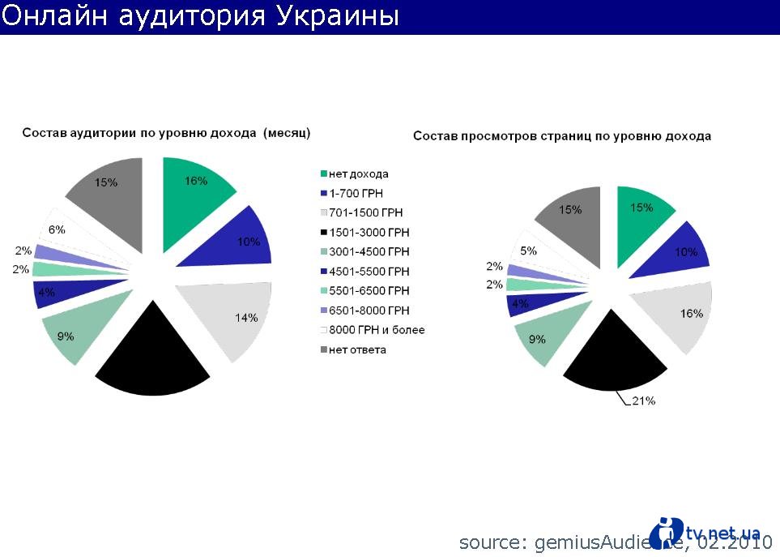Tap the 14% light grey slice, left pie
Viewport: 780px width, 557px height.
point(230,319)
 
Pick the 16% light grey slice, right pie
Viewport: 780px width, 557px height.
point(676,315)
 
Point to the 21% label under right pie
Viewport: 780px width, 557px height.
point(644,401)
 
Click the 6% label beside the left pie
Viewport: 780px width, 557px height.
point(57,229)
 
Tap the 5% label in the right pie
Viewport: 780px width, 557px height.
point(528,251)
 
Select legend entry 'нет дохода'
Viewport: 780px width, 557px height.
point(358,174)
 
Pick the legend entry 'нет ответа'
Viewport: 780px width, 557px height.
point(357,349)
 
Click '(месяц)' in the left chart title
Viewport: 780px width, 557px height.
point(287,132)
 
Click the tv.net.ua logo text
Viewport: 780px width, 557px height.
point(722,533)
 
